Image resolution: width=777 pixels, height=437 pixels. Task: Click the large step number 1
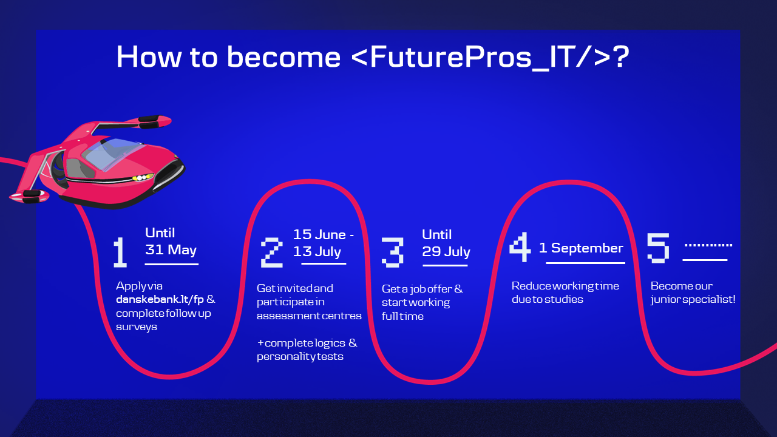tap(120, 252)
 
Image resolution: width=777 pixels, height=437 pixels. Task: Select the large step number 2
tap(271, 252)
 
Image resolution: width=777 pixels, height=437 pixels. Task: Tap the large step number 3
tap(393, 252)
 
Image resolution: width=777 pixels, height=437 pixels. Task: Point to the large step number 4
tap(520, 247)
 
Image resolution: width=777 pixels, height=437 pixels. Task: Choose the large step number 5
tap(658, 248)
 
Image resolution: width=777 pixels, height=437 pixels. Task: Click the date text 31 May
tap(171, 249)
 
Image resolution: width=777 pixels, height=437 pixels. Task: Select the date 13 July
tap(317, 251)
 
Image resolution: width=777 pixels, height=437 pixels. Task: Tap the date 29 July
tap(446, 251)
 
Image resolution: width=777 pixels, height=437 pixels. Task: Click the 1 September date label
tap(581, 248)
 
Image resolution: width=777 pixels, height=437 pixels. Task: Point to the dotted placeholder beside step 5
tap(708, 245)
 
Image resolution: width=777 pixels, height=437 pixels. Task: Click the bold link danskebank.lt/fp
tap(160, 299)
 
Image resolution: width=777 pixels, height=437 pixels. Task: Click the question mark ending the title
tap(621, 56)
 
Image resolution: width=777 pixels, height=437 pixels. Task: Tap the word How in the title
tap(149, 57)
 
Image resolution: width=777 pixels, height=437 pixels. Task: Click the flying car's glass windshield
tap(113, 153)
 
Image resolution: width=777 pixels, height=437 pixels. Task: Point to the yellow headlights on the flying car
tap(142, 178)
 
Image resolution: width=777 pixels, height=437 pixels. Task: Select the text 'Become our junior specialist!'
tap(693, 293)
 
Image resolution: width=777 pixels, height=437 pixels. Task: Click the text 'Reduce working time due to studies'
tap(565, 293)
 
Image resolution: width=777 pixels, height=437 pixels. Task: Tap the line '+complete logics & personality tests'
tap(307, 350)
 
